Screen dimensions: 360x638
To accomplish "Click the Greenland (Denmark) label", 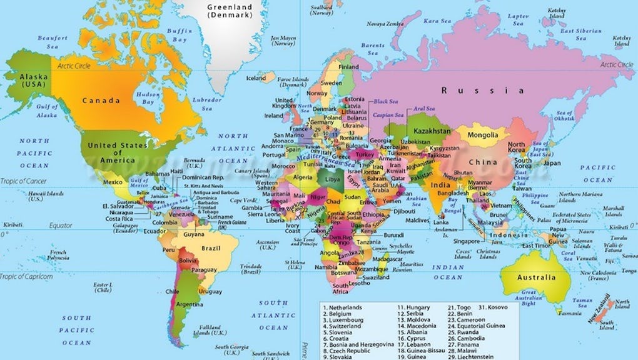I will point(229,12).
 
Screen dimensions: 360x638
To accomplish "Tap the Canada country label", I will point(101,100).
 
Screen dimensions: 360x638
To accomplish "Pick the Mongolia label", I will point(483,135).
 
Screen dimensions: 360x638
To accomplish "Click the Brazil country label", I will point(211,248).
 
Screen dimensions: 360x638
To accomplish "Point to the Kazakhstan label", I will point(431,131).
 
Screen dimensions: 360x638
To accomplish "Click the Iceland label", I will point(255,79).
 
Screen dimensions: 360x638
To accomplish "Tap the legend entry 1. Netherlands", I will point(342,308).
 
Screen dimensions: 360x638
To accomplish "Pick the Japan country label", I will point(551,163).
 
